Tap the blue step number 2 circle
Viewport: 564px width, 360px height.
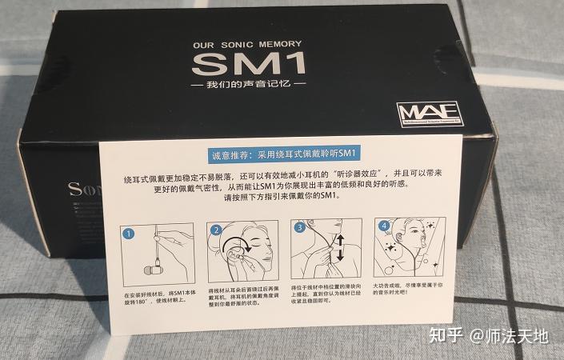[x=216, y=230]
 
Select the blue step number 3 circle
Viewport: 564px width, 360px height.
[x=299, y=227]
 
